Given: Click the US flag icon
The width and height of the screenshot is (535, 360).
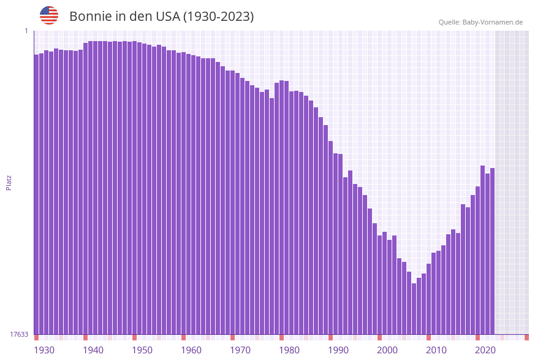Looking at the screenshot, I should tap(49, 15).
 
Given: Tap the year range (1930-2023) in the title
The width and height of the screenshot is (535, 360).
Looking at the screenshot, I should tap(218, 17).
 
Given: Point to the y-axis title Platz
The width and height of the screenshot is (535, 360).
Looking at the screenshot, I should tap(9, 182).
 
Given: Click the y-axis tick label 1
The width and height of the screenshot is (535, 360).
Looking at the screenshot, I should tap(26, 31).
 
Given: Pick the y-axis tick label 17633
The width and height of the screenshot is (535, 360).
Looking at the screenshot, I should tap(19, 334).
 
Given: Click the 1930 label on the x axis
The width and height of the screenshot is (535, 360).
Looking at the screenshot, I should tap(44, 350).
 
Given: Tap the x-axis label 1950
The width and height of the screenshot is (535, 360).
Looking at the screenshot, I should tap(142, 350).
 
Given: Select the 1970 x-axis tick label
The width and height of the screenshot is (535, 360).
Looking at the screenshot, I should tap(240, 350).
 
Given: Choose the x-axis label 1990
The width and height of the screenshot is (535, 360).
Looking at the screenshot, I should tap(338, 350).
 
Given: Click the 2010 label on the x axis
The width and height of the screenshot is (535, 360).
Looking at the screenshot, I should tap(436, 350).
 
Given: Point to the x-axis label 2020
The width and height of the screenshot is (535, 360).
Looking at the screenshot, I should tap(485, 350).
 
